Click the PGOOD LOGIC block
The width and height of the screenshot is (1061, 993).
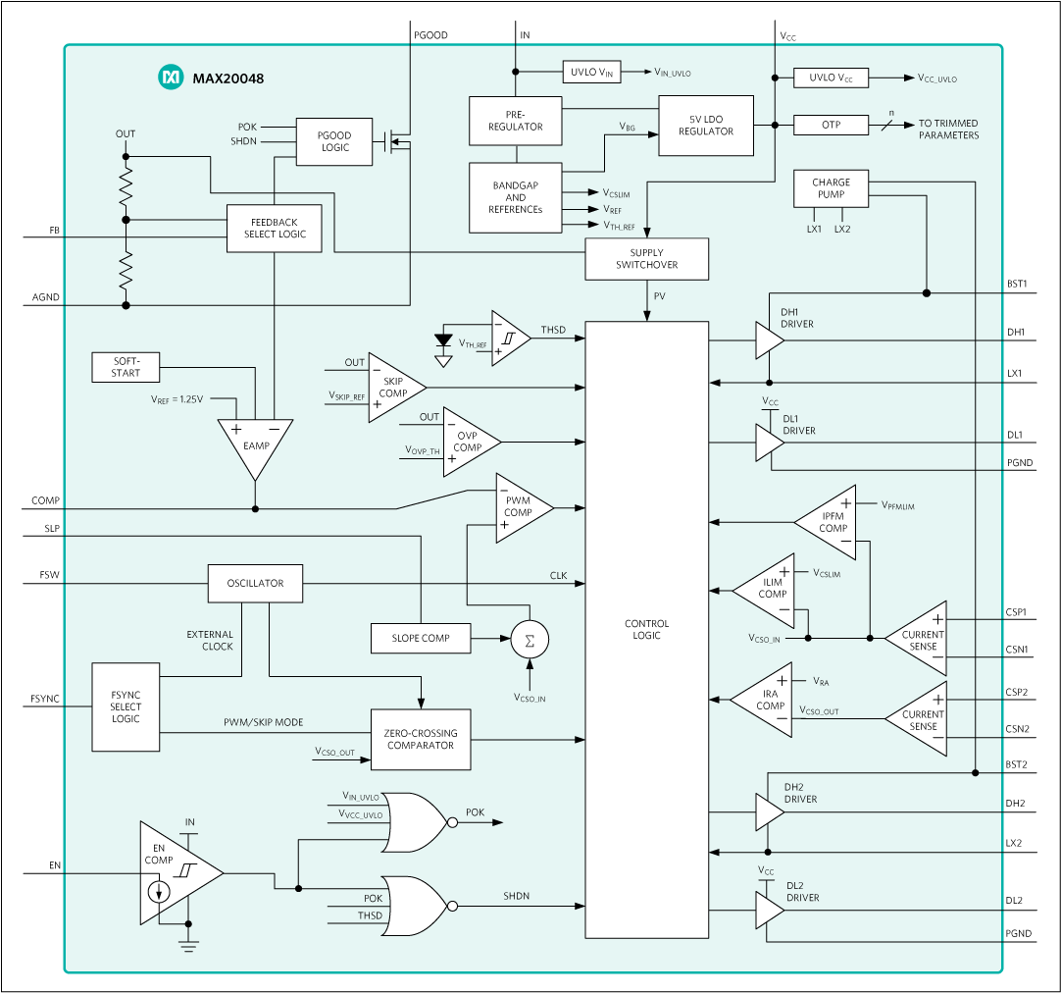[x=334, y=141]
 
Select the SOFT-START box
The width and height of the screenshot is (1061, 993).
[x=126, y=367]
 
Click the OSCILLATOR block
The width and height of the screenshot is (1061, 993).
[x=255, y=584]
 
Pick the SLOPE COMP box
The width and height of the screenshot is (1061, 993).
[x=421, y=638]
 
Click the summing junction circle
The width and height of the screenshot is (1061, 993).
[x=530, y=640]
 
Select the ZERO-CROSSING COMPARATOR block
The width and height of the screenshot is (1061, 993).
[x=421, y=739]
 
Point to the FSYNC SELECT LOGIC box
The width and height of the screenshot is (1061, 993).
[x=126, y=706]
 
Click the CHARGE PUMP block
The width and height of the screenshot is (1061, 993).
[x=831, y=188]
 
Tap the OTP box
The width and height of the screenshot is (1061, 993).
[x=831, y=126]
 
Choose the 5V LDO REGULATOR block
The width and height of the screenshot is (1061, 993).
[x=705, y=126]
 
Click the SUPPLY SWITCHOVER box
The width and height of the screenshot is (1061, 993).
[x=646, y=259]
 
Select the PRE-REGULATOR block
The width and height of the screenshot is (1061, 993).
[x=516, y=121]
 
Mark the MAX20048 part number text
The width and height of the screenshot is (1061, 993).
[x=227, y=78]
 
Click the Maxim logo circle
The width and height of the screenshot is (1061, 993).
[x=171, y=78]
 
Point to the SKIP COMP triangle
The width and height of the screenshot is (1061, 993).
[x=393, y=388]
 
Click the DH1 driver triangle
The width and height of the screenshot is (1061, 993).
[x=768, y=340]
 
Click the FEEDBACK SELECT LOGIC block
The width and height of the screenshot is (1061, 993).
[x=274, y=229]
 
